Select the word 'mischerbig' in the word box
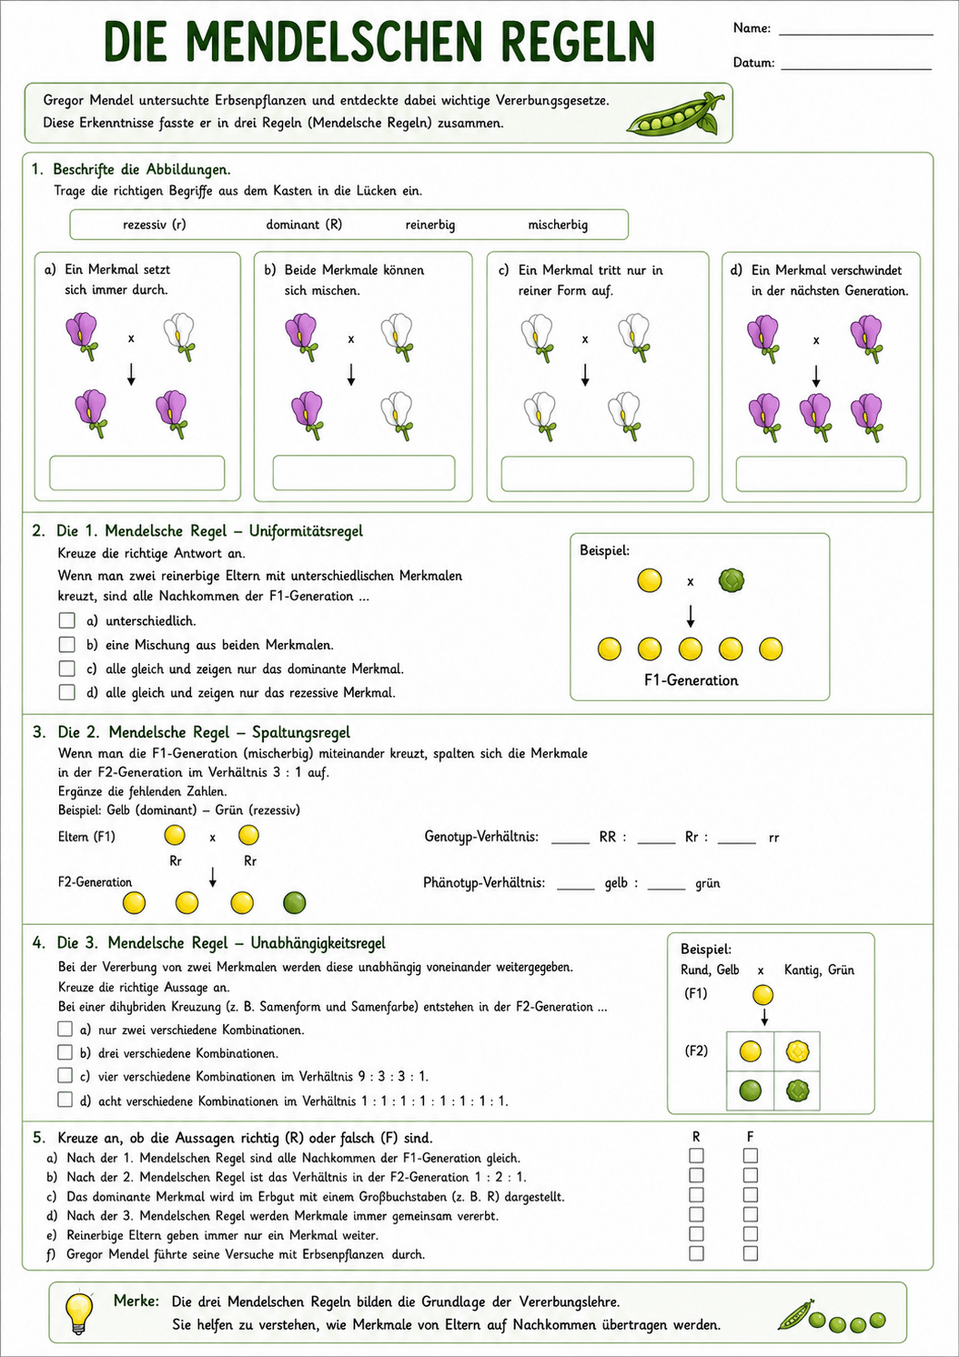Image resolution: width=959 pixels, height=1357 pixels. [x=557, y=225]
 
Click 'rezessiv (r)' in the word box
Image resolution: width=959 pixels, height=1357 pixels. [x=155, y=225]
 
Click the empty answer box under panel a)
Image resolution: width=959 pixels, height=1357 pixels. [x=137, y=473]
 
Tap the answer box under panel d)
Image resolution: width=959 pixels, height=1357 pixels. [x=821, y=474]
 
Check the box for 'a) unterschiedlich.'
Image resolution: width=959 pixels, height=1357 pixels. [x=67, y=620]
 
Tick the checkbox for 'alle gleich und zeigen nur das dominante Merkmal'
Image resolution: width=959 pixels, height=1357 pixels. [x=67, y=668]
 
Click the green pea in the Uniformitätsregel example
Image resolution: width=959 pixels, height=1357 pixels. [x=731, y=580]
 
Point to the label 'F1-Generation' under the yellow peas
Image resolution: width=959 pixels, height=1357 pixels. [x=691, y=680]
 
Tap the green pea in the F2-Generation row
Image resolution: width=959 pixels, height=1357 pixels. [x=294, y=902]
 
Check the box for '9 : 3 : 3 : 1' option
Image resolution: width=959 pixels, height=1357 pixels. [x=65, y=1075]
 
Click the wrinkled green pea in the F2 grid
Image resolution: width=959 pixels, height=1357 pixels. [x=797, y=1090]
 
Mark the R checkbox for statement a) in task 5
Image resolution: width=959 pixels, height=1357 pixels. [x=696, y=1155]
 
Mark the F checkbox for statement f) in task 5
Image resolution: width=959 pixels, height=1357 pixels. [x=750, y=1253]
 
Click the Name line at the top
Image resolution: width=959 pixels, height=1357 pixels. [x=856, y=34]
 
